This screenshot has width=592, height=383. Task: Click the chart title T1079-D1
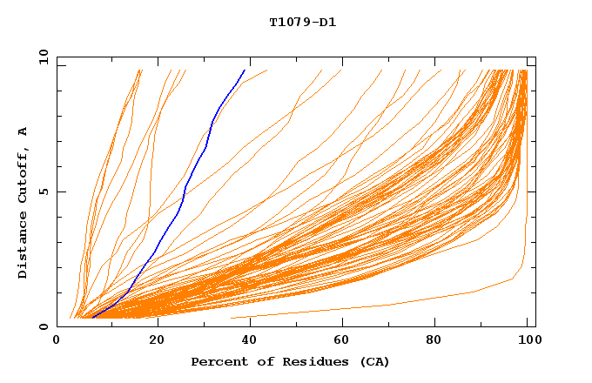[302, 22]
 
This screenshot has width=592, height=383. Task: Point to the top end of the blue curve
[245, 70]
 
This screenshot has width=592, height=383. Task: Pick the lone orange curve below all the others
[392, 304]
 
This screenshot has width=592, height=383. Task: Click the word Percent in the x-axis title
[216, 361]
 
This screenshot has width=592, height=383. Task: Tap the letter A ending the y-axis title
[24, 131]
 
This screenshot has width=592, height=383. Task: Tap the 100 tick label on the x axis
[528, 340]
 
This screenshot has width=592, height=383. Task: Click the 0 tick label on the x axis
[57, 340]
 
